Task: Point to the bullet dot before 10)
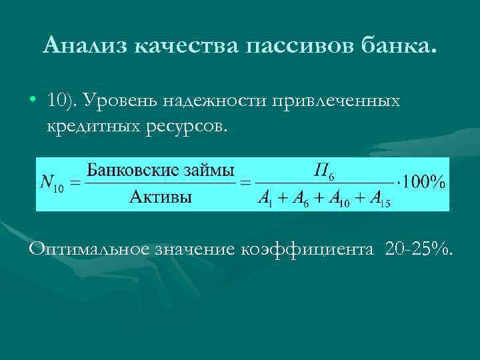click(33, 101)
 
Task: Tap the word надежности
click(225, 101)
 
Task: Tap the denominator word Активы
click(161, 197)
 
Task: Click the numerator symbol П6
click(325, 171)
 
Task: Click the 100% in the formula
click(423, 182)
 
